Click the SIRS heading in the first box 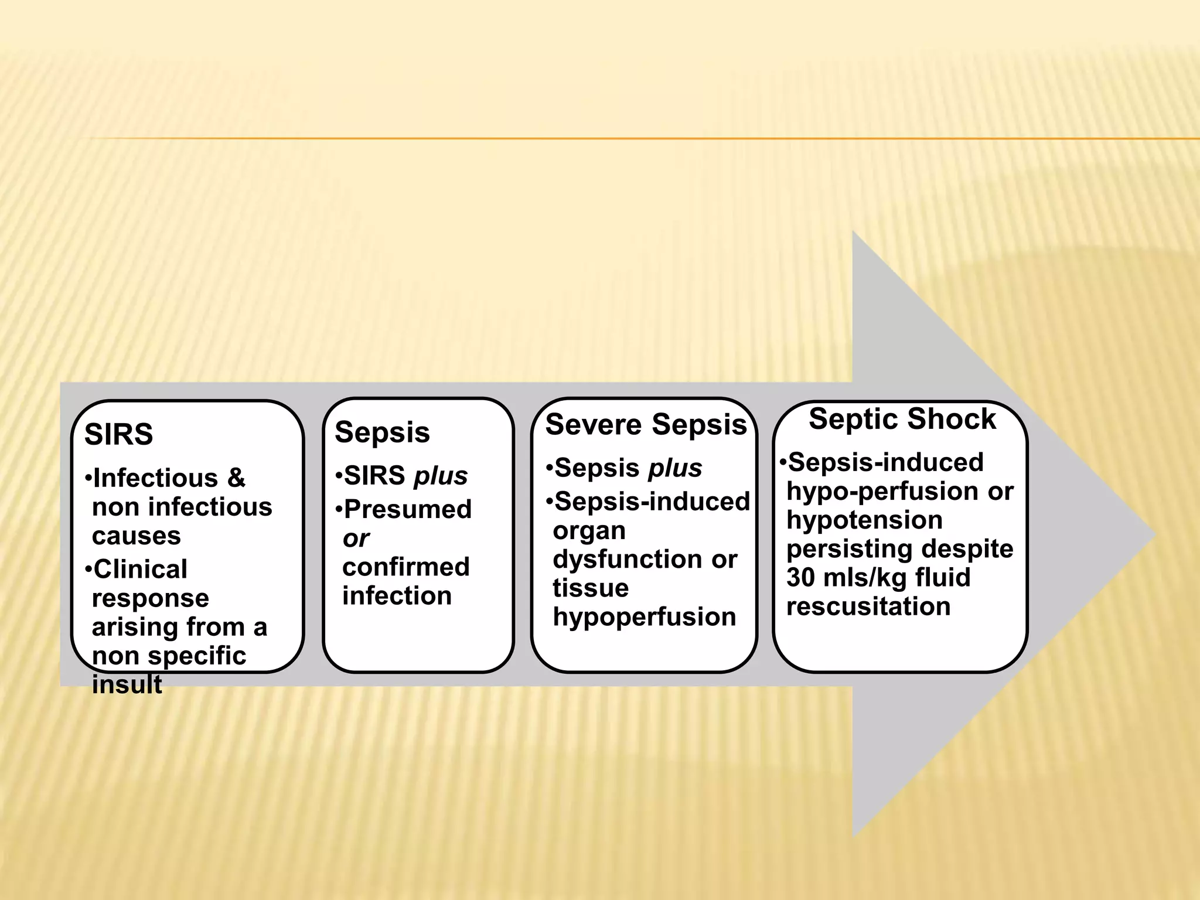click(118, 435)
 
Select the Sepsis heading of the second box click(382, 432)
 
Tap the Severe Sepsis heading click(646, 424)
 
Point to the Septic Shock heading click(902, 419)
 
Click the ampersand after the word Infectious click(236, 478)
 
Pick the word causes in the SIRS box click(136, 536)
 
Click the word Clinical click(140, 569)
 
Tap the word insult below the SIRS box click(127, 684)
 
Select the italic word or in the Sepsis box click(356, 538)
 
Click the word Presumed click(408, 509)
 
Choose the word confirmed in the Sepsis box click(405, 567)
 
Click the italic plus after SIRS click(441, 476)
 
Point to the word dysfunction click(629, 559)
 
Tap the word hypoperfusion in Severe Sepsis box click(644, 616)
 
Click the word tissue click(590, 588)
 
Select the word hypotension click(864, 520)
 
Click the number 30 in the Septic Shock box click(801, 577)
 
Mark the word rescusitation click(868, 606)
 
